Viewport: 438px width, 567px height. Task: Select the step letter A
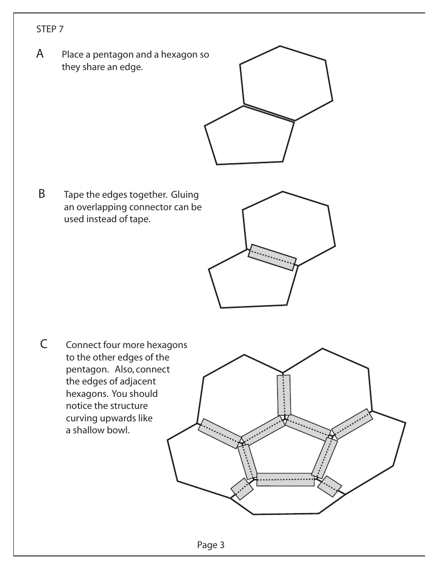pyautogui.click(x=41, y=54)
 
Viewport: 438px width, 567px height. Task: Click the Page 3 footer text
pyautogui.click(x=211, y=545)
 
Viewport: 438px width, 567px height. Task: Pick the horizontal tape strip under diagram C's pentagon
pyautogui.click(x=285, y=479)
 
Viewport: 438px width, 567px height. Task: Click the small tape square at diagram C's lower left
pyautogui.click(x=242, y=489)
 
